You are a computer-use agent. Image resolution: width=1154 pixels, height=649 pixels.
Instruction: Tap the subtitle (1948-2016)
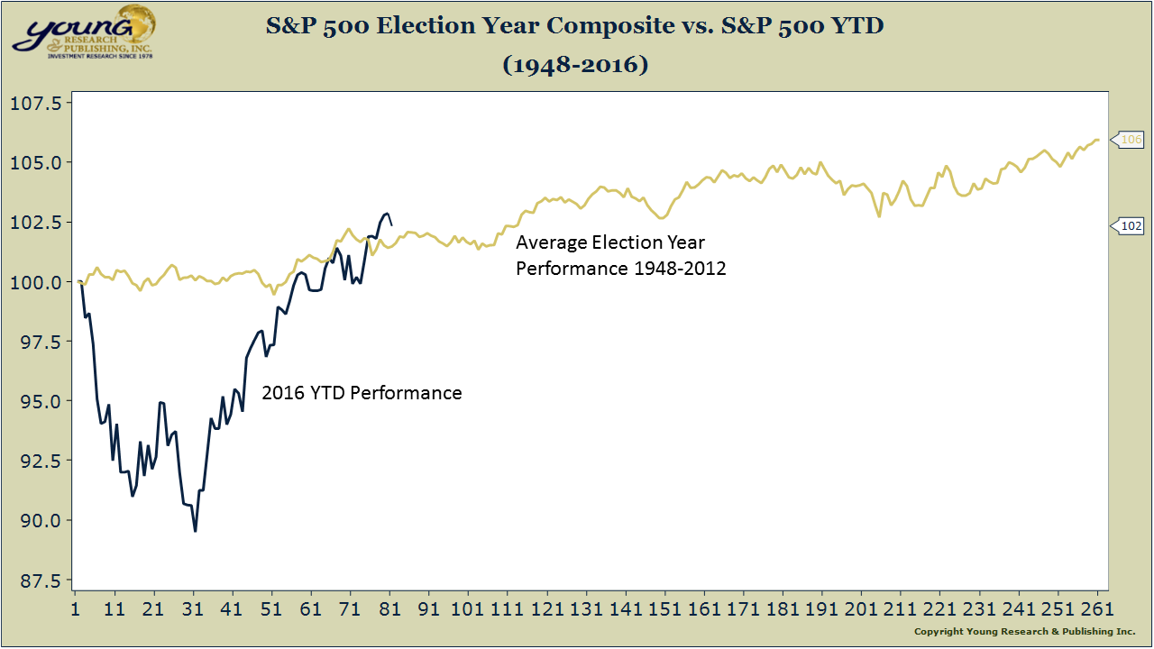(575, 65)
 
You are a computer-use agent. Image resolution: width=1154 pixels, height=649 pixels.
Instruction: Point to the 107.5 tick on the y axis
(35, 104)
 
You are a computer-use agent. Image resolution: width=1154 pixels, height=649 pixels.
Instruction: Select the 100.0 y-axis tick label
(35, 282)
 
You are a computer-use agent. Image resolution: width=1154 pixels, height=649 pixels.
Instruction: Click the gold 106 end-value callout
(1129, 140)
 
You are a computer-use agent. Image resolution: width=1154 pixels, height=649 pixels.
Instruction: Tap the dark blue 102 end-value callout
(1129, 226)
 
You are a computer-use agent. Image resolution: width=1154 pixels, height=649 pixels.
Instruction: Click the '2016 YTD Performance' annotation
(362, 393)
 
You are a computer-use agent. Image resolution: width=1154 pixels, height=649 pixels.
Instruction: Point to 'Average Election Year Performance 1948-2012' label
(620, 255)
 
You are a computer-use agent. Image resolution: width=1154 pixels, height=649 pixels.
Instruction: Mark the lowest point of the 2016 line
(195, 531)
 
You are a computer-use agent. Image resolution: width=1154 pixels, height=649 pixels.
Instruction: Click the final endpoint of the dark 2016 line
(390, 224)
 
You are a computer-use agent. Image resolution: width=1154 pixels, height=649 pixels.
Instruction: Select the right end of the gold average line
(1097, 140)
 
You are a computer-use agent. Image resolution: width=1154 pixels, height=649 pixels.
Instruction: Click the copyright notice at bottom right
(1024, 632)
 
